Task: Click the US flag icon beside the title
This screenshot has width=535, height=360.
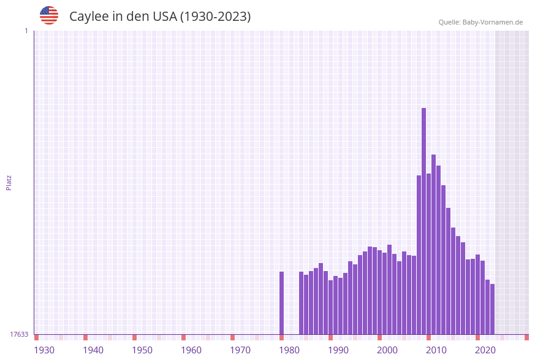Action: (x=49, y=15)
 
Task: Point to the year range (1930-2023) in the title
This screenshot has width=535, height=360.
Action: (x=215, y=17)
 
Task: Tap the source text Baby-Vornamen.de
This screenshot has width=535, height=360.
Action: (x=493, y=22)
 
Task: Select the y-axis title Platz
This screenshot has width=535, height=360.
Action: (x=9, y=182)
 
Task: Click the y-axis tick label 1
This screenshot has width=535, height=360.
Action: (x=26, y=31)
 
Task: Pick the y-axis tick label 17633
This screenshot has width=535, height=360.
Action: (x=19, y=334)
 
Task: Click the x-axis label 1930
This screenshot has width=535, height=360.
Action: (x=44, y=350)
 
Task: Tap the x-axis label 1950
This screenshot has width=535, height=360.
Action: (x=142, y=350)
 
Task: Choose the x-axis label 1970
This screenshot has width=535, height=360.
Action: (x=240, y=350)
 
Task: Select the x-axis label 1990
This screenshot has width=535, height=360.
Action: (x=338, y=350)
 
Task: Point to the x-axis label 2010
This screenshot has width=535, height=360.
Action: (x=436, y=350)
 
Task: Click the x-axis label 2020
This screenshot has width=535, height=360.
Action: (x=485, y=350)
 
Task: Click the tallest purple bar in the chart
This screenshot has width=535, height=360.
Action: (x=423, y=221)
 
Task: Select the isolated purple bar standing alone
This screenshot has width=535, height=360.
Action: (x=281, y=303)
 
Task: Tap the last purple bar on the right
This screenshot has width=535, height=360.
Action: (x=492, y=309)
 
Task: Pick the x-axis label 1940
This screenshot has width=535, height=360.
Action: (x=93, y=350)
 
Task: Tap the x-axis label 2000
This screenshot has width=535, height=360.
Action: (x=387, y=350)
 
